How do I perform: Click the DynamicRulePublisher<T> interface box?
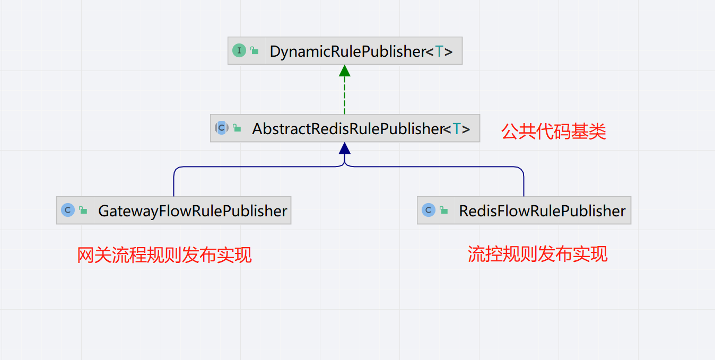345,51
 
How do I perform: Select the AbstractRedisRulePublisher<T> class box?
345,128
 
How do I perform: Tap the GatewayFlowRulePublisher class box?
173,210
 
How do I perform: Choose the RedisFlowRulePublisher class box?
524,210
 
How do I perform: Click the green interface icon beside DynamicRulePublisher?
239,51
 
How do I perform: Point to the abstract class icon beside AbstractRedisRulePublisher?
221,128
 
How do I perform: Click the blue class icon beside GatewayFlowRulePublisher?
67,210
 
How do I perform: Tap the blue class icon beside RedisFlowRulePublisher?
428,210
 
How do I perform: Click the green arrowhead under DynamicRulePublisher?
345,71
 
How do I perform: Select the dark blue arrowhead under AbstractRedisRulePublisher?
345,148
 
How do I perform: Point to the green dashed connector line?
345,95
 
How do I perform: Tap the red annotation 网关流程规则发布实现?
164,255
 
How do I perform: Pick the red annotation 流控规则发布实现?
537,254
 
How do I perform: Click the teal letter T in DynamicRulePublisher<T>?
439,51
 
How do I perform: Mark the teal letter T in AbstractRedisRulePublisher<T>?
457,129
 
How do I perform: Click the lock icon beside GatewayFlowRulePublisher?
83,210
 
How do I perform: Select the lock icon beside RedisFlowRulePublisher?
444,210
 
